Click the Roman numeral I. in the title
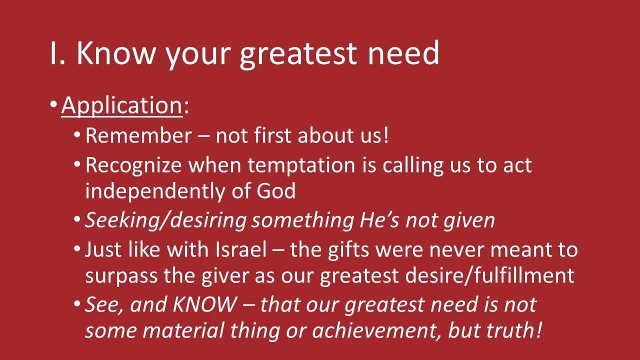(x=58, y=53)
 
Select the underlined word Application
(x=121, y=105)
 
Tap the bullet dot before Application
(x=53, y=105)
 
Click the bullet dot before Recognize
(x=76, y=164)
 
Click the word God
(x=276, y=191)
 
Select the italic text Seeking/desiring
(x=165, y=220)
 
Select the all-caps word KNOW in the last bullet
(x=203, y=304)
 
